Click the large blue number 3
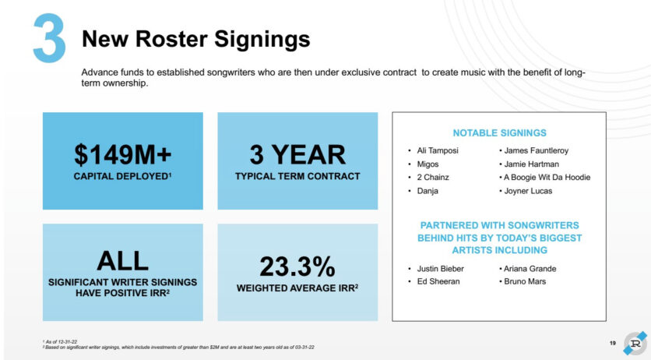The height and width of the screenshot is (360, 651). [x=49, y=38]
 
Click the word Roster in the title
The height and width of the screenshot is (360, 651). [x=171, y=39]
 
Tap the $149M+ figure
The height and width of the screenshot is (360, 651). [x=122, y=154]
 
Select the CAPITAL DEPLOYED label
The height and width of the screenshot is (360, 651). [x=122, y=176]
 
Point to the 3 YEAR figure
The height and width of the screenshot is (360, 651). [x=297, y=154]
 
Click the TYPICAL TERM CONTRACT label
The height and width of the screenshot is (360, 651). [x=297, y=176]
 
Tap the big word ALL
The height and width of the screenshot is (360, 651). [x=122, y=261]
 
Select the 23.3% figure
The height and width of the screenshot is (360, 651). [x=297, y=266]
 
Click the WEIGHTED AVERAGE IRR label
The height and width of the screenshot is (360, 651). [x=297, y=288]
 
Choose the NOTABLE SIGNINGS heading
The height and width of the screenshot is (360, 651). [x=499, y=133]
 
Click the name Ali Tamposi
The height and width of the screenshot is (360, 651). [x=438, y=150]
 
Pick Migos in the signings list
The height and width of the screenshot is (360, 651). [x=428, y=164]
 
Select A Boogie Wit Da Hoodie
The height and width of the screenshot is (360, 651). [x=547, y=178]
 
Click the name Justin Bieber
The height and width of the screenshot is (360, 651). [x=441, y=269]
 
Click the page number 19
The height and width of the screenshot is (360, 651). [x=613, y=343]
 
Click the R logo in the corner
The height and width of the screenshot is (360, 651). [x=635, y=343]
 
